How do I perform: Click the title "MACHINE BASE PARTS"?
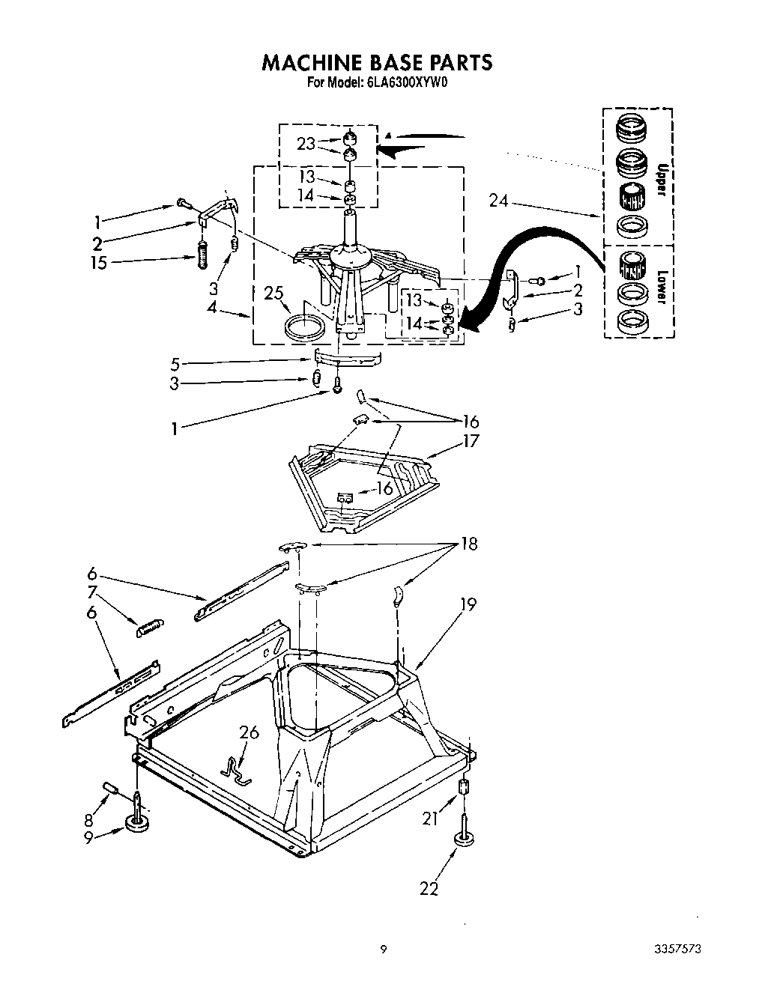click(x=377, y=62)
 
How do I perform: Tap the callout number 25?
click(x=274, y=294)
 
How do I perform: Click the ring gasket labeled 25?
click(x=306, y=328)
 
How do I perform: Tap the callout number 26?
click(x=249, y=732)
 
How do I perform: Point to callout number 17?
click(x=470, y=441)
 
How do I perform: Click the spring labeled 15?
click(x=202, y=256)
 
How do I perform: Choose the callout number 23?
click(x=306, y=144)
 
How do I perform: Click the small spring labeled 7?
click(x=148, y=628)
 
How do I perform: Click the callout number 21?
click(x=429, y=819)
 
